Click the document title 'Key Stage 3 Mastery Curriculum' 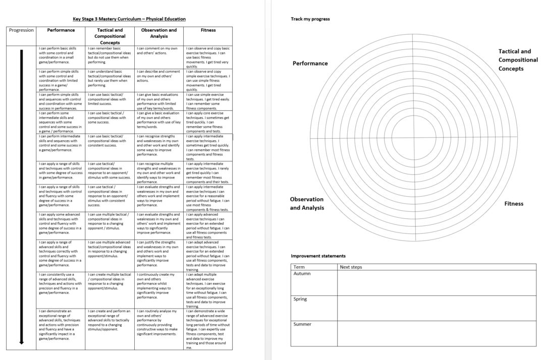click(x=129, y=19)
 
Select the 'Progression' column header click(x=22, y=30)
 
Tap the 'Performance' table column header click(x=61, y=30)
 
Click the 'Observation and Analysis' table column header click(x=159, y=33)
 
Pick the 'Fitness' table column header click(x=208, y=30)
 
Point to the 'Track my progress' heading click(x=310, y=19)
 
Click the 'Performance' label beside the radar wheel click(x=310, y=64)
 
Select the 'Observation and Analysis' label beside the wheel click(x=307, y=204)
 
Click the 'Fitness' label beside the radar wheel click(x=514, y=204)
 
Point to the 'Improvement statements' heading click(x=318, y=256)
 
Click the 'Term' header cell click(x=299, y=267)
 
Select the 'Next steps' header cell click(x=351, y=267)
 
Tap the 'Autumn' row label click(x=302, y=274)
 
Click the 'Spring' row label click(x=301, y=299)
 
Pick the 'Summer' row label click(x=303, y=324)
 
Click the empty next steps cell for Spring click(x=437, y=308)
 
